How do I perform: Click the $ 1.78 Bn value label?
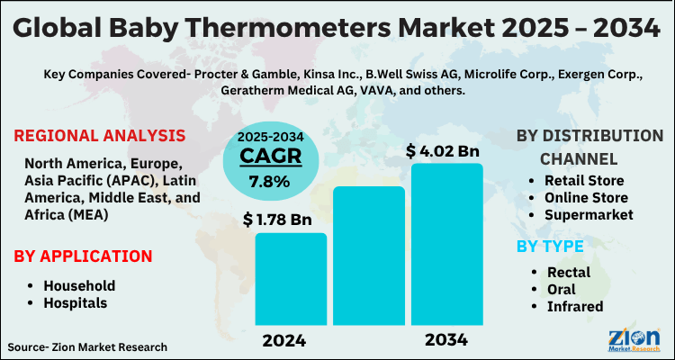279,218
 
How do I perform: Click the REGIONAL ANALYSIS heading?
100,136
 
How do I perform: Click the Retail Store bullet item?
589,181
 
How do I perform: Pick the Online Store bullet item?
591,198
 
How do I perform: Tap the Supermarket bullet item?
589,215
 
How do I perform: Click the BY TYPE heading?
550,246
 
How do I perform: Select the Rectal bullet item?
569,273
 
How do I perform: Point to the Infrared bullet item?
573,307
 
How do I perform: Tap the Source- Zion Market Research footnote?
87,346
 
